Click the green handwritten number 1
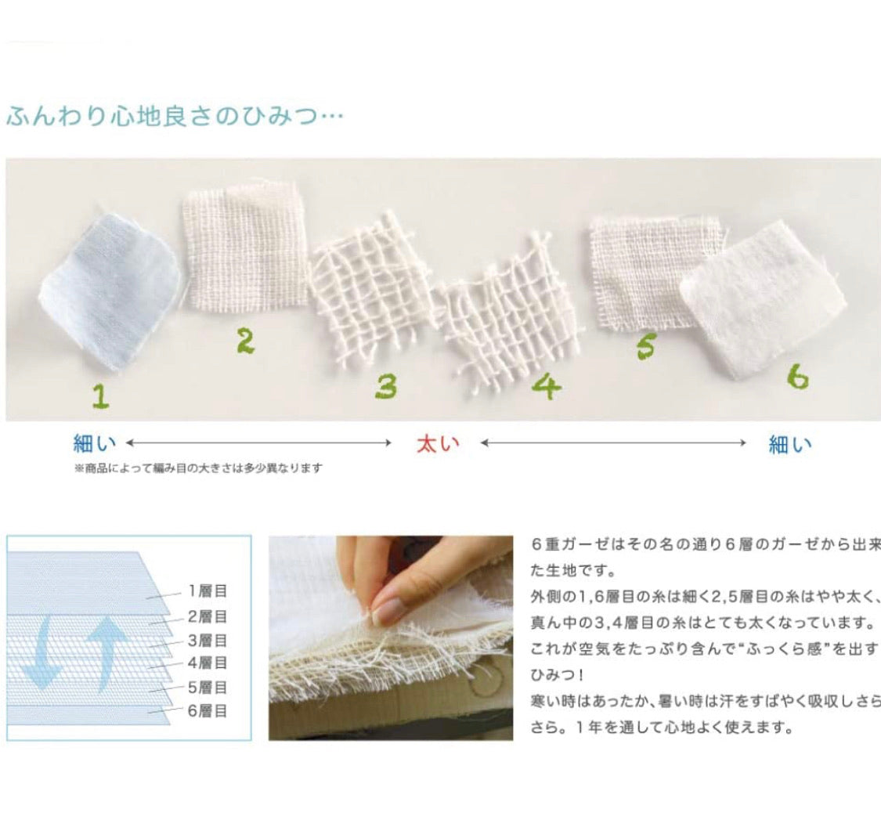[x=101, y=396]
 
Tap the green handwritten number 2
[x=246, y=341]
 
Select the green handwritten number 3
[x=387, y=386]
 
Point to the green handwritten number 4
[x=547, y=386]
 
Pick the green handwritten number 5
[x=646, y=345]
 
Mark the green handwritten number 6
[x=798, y=377]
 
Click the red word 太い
[x=438, y=444]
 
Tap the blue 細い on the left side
[x=95, y=444]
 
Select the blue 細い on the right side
[x=790, y=445]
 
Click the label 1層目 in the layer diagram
[x=208, y=591]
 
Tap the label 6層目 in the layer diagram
[x=208, y=711]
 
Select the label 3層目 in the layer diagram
[x=208, y=640]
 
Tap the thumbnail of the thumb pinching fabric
[x=391, y=638]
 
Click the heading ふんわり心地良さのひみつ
[x=175, y=117]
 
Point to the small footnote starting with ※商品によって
[x=199, y=468]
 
